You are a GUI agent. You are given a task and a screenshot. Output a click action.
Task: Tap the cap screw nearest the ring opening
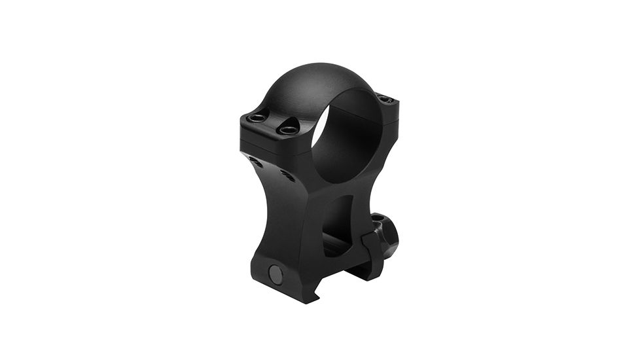pyautogui.click(x=288, y=130)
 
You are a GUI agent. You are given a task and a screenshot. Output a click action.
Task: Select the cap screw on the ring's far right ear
pyautogui.click(x=386, y=99)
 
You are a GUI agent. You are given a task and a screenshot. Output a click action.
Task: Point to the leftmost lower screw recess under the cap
pyautogui.click(x=254, y=161)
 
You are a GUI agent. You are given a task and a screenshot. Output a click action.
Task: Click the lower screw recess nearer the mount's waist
pyautogui.click(x=286, y=175)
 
